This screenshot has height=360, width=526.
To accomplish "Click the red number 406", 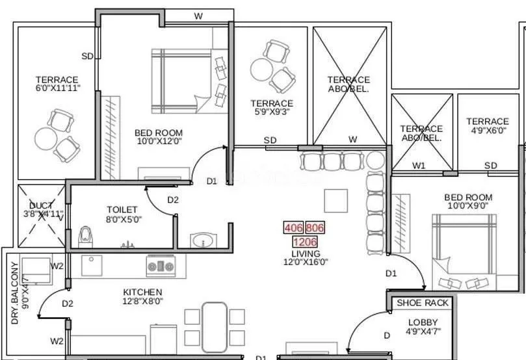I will [293, 228].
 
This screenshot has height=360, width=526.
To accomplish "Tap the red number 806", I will [315, 228].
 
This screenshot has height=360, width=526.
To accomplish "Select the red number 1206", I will [305, 242].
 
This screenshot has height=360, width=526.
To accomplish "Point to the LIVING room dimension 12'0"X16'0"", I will [306, 263].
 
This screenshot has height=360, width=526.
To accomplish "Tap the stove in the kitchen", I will [160, 266].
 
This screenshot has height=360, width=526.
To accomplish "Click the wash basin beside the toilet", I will [203, 241].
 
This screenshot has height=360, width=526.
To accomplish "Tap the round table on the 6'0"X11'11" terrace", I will [46, 138].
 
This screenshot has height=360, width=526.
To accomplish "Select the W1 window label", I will [419, 166].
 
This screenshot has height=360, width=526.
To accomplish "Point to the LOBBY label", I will [423, 322].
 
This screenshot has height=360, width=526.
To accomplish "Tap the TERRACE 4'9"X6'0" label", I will [487, 125].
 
